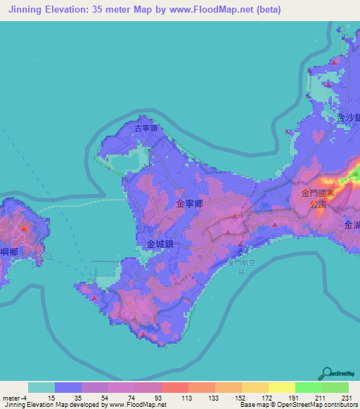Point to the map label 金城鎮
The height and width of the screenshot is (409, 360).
160,244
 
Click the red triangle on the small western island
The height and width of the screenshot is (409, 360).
25,228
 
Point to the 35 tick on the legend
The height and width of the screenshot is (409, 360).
68,397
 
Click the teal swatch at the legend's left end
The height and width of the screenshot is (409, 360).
41,387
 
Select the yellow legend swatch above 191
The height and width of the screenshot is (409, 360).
281,387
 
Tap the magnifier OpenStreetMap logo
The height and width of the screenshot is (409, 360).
328,373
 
